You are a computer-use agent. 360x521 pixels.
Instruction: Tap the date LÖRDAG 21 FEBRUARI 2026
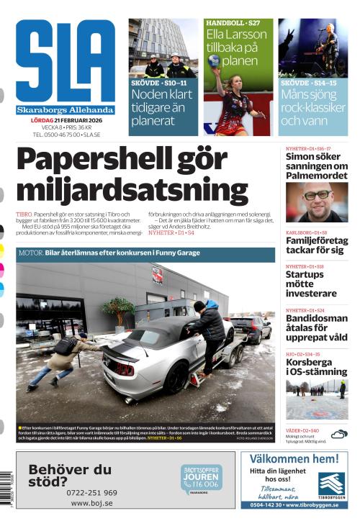[65, 120]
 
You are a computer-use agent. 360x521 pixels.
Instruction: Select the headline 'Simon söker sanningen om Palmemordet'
[316, 166]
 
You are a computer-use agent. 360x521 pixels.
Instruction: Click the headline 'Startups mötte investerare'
[310, 284]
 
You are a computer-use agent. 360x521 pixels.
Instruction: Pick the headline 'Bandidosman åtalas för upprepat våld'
[316, 327]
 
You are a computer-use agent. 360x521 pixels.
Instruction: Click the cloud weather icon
[338, 433]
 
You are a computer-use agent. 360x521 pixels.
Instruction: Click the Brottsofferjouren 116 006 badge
[201, 479]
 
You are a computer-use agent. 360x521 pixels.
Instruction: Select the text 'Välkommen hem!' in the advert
[295, 458]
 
